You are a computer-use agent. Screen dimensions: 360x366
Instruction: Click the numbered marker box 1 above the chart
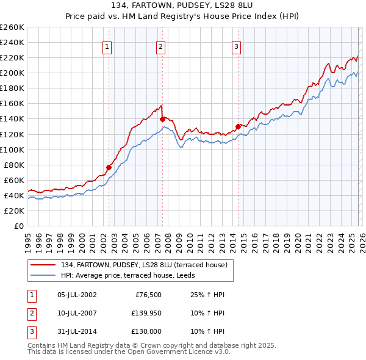107,46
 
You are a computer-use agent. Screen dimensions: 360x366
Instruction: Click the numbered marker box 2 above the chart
160,46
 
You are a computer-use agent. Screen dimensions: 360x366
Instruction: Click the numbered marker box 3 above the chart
236,46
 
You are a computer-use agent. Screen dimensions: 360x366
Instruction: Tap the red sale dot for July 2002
109,167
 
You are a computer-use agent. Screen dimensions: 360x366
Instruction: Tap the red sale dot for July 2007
163,119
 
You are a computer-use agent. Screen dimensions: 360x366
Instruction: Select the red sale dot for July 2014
238,126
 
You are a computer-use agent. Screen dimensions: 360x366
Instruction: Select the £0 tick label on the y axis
18,226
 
